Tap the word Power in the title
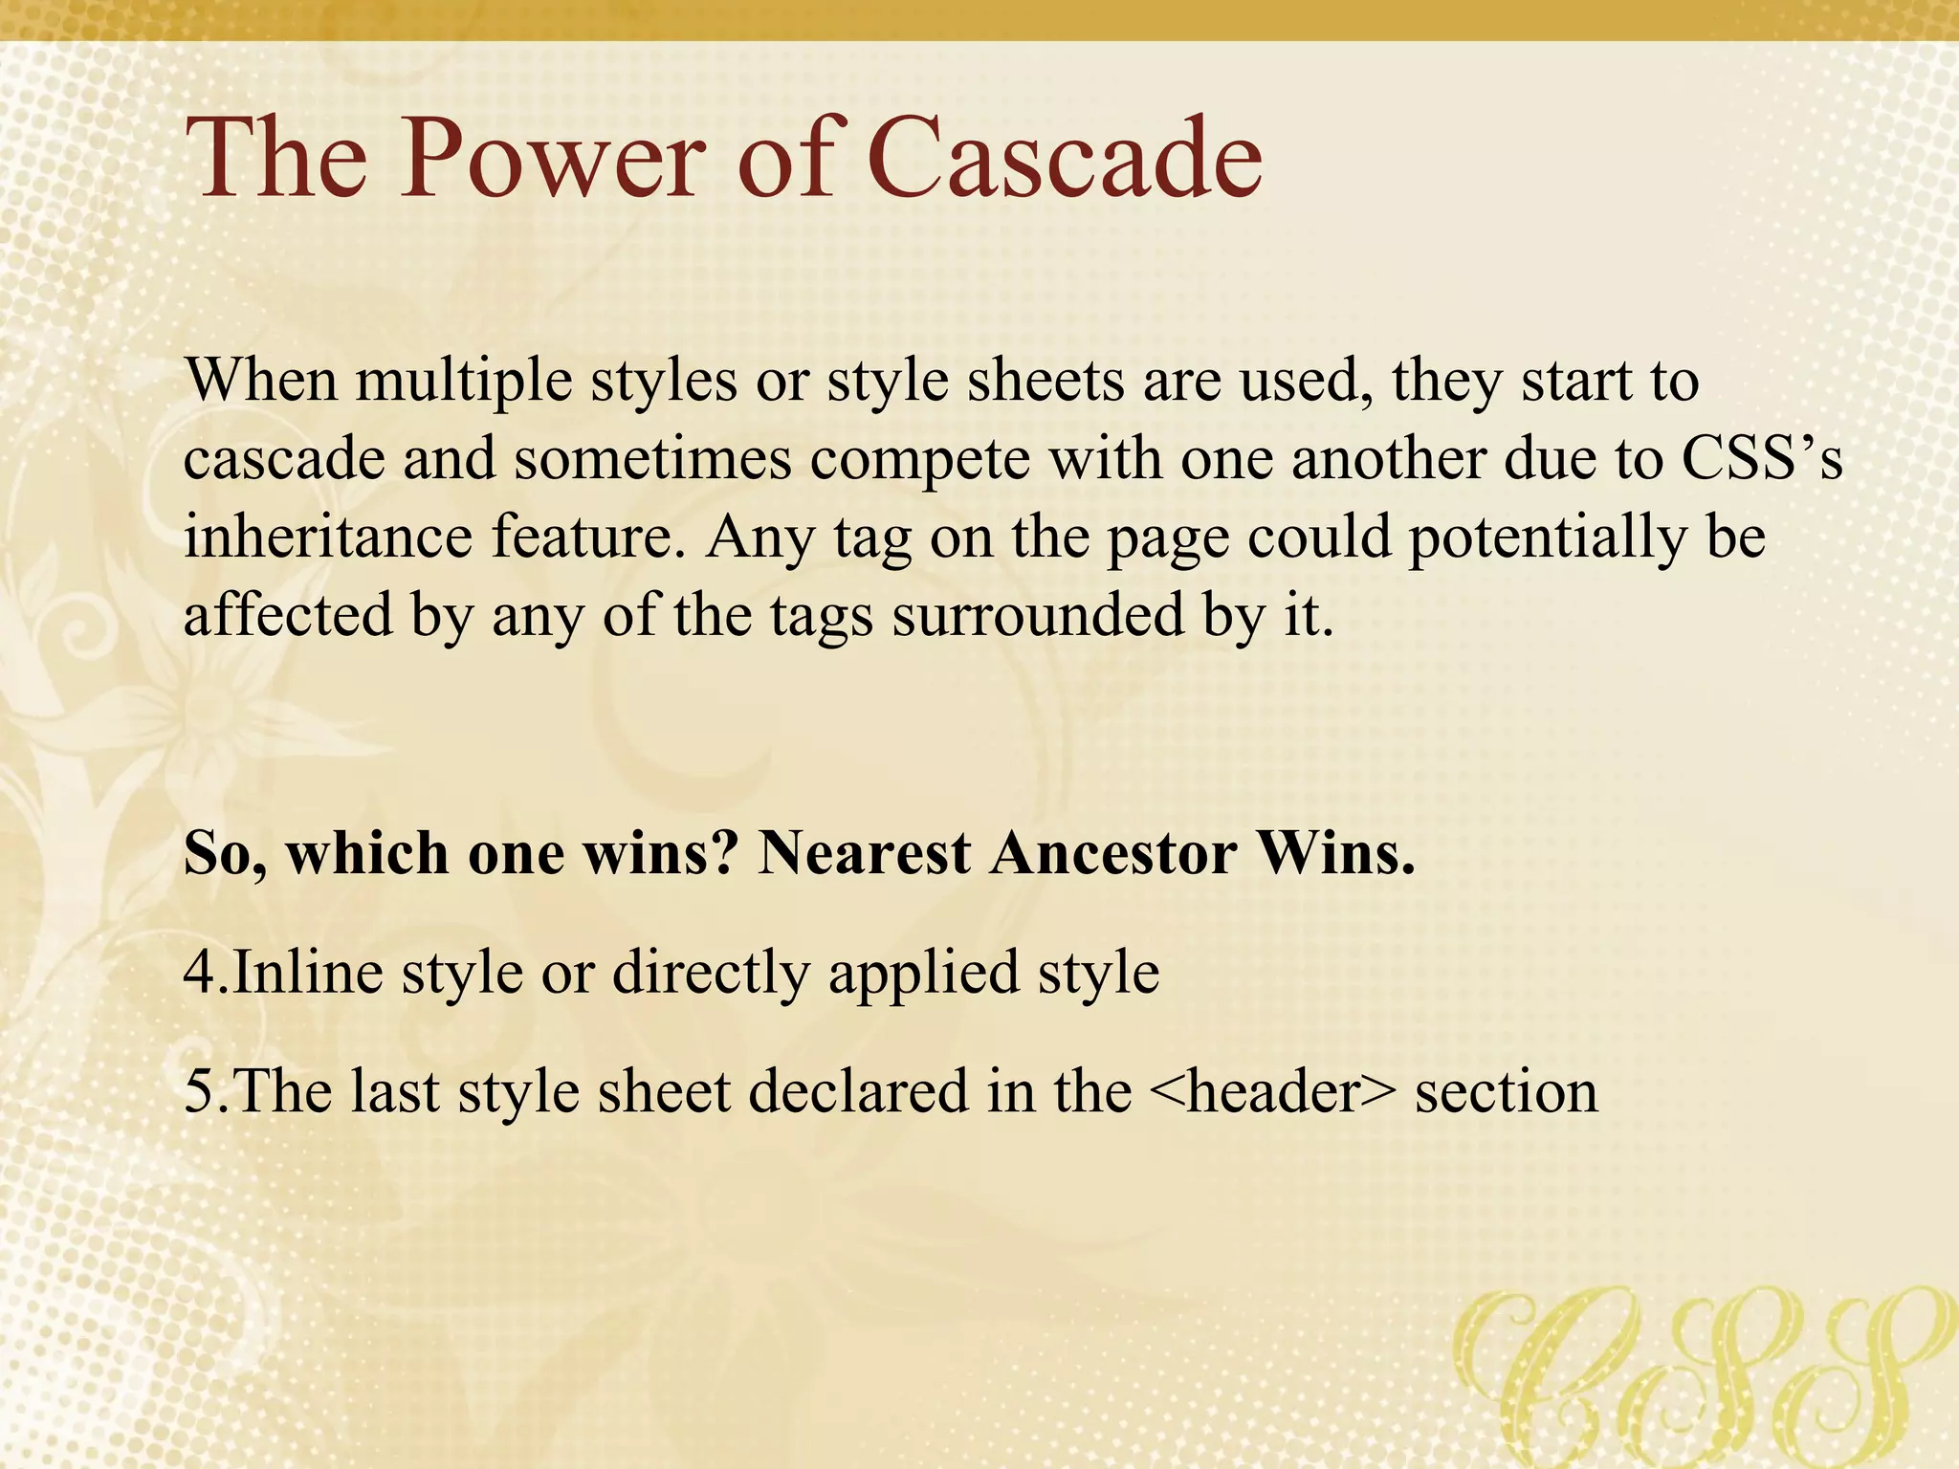(x=553, y=158)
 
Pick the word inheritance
(x=328, y=537)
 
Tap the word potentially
(x=1547, y=538)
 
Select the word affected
(x=288, y=615)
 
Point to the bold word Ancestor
(x=1112, y=852)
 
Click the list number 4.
(x=200, y=974)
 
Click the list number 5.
(x=200, y=1092)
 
